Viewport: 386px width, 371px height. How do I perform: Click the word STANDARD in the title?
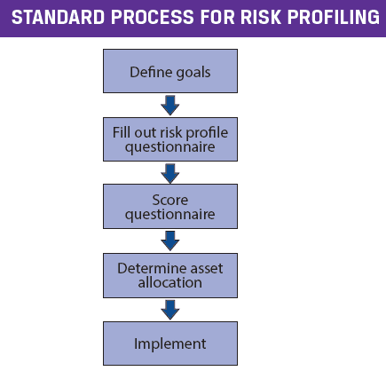pyautogui.click(x=59, y=17)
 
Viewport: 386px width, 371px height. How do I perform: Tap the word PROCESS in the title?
pyautogui.click(x=153, y=17)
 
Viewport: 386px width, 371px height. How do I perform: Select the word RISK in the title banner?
pyautogui.click(x=261, y=17)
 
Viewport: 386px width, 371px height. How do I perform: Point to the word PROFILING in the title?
pyautogui.click(x=334, y=17)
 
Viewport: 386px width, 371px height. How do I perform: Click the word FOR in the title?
pyautogui.click(x=217, y=17)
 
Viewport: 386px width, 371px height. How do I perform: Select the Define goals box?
pyautogui.click(x=170, y=71)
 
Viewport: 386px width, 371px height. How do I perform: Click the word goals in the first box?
pyautogui.click(x=193, y=73)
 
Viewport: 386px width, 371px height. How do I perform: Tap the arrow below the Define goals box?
pyautogui.click(x=170, y=106)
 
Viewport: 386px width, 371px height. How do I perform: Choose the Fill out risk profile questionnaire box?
pyautogui.click(x=170, y=139)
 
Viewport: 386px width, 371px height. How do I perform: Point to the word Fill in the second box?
pyautogui.click(x=122, y=132)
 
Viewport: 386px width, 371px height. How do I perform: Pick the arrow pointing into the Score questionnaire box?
pyautogui.click(x=170, y=174)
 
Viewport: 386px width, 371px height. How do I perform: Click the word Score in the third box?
pyautogui.click(x=170, y=200)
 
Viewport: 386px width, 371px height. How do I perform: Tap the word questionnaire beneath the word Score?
pyautogui.click(x=170, y=215)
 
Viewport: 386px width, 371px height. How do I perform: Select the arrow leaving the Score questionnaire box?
pyautogui.click(x=170, y=241)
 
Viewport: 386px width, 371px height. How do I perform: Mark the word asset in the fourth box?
pyautogui.click(x=207, y=269)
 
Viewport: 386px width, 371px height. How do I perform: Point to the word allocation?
pyautogui.click(x=170, y=282)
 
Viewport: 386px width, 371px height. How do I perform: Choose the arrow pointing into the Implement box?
pyautogui.click(x=170, y=310)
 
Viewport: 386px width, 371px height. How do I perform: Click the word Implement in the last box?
pyautogui.click(x=170, y=344)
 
